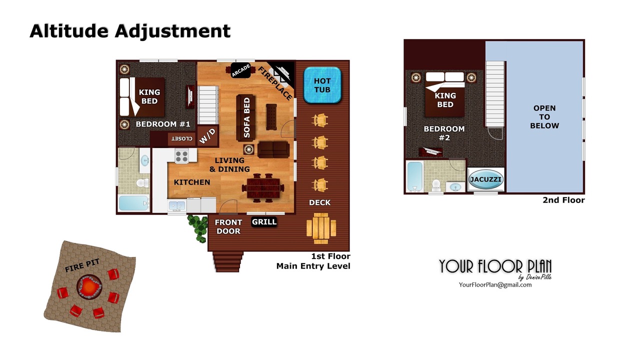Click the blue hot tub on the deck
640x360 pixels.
click(x=322, y=85)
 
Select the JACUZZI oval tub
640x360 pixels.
click(x=485, y=179)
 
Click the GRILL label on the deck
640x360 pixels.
click(x=264, y=221)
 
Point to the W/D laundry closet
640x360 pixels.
click(x=207, y=135)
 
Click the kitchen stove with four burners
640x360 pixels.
click(x=181, y=156)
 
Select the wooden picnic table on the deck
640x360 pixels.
click(x=321, y=228)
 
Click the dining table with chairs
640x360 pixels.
click(x=263, y=188)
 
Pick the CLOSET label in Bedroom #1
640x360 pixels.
click(x=181, y=139)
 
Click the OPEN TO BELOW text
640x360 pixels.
click(x=544, y=117)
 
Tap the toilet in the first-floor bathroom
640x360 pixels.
click(x=142, y=183)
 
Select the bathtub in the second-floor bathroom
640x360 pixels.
click(x=414, y=177)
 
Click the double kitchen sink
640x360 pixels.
click(x=177, y=205)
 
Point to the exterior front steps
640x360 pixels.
click(x=227, y=261)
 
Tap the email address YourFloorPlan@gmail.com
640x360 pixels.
click(x=495, y=285)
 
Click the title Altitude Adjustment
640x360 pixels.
click(x=130, y=31)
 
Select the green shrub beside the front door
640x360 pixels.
click(x=197, y=228)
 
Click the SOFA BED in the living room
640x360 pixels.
click(x=245, y=117)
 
